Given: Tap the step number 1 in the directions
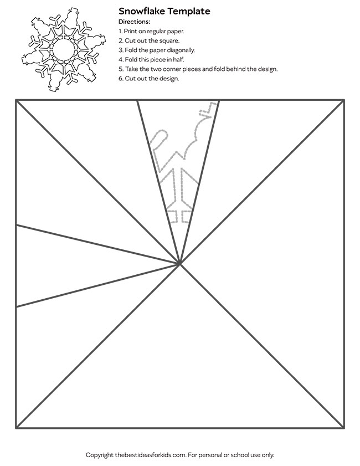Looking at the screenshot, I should [120, 31].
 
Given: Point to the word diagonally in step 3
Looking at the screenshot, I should [177, 50].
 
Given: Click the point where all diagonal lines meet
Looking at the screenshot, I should [179, 264].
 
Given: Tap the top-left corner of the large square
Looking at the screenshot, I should [17, 100].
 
